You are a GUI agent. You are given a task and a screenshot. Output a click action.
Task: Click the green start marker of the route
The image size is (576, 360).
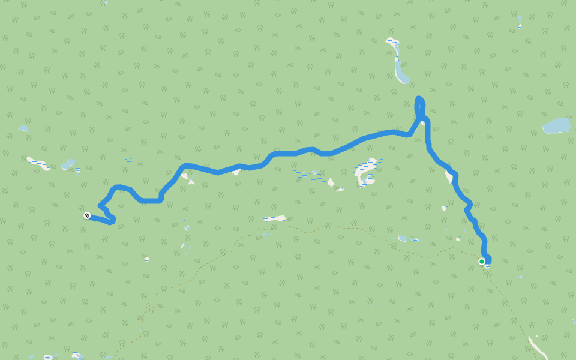pos(482,262)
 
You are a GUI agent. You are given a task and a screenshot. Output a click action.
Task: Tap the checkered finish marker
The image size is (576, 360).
pos(87,215)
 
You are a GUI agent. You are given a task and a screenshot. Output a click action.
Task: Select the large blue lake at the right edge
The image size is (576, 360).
pos(556,126)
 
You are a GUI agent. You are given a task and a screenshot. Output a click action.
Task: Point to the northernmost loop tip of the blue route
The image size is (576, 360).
pos(419,98)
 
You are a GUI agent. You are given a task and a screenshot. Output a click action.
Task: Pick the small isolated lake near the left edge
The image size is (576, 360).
pos(23,128)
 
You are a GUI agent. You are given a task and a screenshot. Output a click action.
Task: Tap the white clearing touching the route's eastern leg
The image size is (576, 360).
pos(449,176)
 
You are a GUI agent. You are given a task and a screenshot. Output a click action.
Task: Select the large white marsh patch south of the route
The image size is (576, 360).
pos(366,172)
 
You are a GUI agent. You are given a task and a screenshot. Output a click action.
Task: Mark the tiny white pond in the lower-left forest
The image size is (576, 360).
pos(146,259)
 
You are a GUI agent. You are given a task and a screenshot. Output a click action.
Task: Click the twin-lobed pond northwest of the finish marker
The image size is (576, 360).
pos(68,164)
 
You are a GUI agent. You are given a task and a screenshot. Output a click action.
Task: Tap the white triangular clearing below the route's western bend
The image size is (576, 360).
pos(187,178)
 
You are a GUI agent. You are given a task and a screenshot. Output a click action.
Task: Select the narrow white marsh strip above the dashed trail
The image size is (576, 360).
pos(274,218)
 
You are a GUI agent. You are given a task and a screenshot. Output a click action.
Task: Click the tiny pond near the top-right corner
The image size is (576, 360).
pos(520,26)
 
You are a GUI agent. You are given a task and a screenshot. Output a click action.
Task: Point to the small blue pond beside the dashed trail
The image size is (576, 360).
pos(403,238)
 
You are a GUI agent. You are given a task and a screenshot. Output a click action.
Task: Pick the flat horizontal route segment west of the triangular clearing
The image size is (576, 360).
pos(151,200)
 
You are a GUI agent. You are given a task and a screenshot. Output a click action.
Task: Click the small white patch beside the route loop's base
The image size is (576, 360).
pos(423,123)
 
